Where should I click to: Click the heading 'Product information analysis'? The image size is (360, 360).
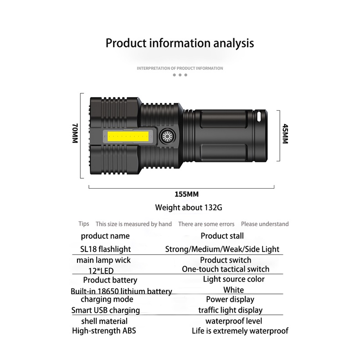point(180,43)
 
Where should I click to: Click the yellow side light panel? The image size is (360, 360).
point(129,136)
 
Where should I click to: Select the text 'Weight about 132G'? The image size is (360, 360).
point(189,207)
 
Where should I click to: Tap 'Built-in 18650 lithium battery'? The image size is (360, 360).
point(121,291)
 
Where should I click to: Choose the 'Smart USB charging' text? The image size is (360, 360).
point(106,310)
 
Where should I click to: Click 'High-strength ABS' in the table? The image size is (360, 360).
point(104,331)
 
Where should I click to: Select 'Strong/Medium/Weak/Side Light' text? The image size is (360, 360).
point(222,249)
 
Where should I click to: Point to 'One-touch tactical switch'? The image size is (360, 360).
point(226,269)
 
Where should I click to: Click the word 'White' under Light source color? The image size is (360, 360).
point(233,290)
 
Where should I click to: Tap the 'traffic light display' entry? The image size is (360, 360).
point(230,310)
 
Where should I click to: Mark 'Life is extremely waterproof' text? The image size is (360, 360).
point(240,331)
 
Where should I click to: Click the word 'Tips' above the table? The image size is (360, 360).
point(84,224)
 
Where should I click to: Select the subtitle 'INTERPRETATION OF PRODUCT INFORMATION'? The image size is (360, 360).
point(180,68)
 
